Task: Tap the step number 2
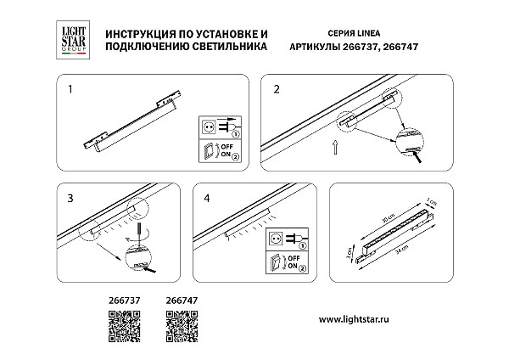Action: click(x=277, y=87)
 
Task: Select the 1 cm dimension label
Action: click(x=432, y=203)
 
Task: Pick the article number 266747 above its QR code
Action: click(x=179, y=300)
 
